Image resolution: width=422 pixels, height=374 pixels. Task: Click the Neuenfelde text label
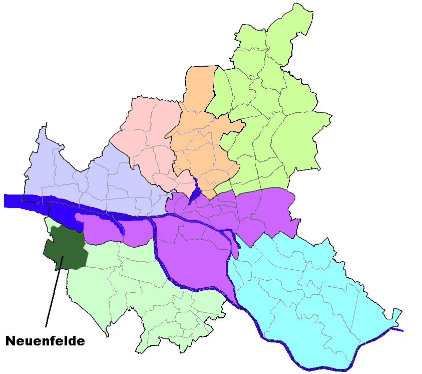click(x=45, y=341)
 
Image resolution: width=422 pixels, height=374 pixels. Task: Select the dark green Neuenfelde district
click(x=65, y=248)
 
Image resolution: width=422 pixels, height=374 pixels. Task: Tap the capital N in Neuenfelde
click(x=11, y=341)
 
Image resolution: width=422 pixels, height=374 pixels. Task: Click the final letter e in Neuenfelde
click(x=80, y=341)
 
